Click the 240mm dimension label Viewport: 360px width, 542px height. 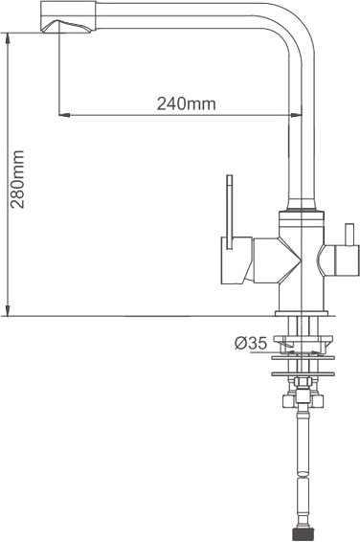(186, 103)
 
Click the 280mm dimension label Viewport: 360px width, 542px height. (17, 179)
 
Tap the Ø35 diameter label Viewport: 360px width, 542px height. (251, 343)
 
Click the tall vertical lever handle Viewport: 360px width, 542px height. (230, 212)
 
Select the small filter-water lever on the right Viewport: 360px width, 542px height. (349, 235)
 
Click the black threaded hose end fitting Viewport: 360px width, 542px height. (303, 533)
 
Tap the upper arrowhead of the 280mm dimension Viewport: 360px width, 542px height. (7, 38)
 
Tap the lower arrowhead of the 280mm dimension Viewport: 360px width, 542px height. (7, 310)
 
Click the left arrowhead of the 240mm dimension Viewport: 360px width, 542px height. (64, 114)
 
